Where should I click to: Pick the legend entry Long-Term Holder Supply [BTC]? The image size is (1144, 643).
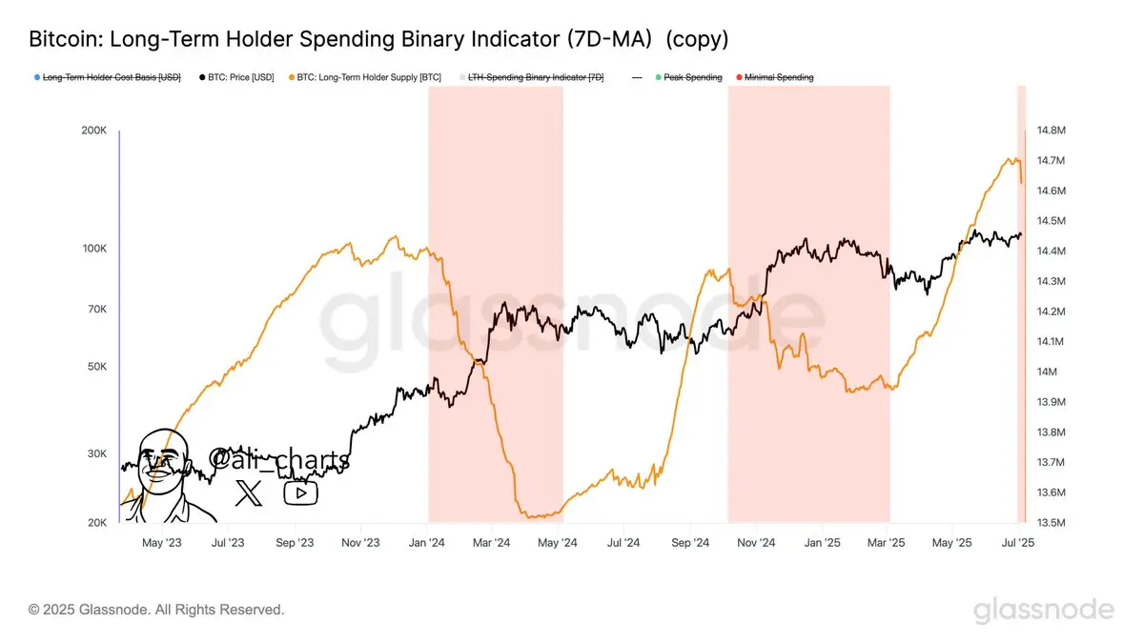[368, 76]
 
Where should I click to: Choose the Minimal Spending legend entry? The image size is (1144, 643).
[778, 76]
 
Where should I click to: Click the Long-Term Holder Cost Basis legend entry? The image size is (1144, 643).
[111, 76]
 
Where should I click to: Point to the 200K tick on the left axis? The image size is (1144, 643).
[94, 130]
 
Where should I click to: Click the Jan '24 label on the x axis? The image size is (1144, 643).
[426, 543]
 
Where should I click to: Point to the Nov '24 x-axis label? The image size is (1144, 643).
[754, 543]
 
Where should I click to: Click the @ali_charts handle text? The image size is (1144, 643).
[278, 459]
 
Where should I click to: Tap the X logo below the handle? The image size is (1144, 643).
[249, 492]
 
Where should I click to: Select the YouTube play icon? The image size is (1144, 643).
[301, 492]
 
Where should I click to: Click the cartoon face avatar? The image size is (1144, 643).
[164, 476]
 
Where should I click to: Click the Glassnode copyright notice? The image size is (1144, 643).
[156, 609]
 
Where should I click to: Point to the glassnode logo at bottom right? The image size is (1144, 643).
[1043, 610]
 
